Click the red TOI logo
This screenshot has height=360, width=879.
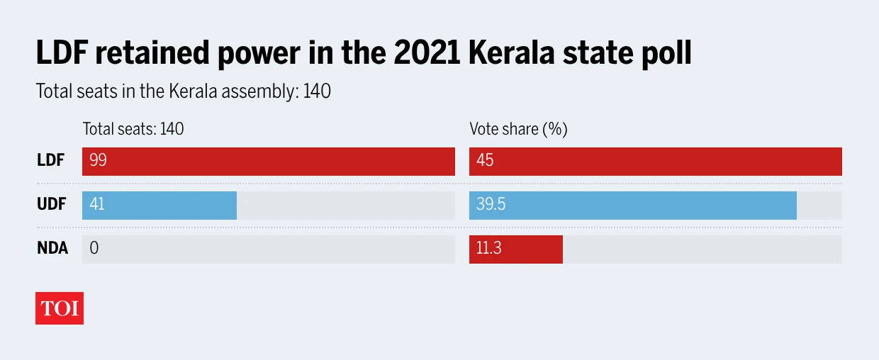(60, 308)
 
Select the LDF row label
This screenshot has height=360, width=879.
(50, 161)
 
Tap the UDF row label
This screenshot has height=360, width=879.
(51, 205)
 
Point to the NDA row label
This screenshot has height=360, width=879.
(52, 249)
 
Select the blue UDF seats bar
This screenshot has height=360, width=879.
(159, 205)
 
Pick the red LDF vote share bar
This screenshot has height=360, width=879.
(655, 161)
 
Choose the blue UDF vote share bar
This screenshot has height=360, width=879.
(632, 205)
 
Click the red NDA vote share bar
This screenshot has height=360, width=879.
(515, 249)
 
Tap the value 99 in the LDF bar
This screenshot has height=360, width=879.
(98, 161)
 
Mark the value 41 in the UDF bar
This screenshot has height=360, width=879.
(96, 205)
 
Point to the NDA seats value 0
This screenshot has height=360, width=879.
(94, 249)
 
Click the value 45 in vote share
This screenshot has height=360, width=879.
(485, 161)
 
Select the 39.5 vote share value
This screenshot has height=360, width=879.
(491, 205)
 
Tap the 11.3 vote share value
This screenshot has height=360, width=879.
(488, 249)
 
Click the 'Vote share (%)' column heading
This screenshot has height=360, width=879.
(518, 129)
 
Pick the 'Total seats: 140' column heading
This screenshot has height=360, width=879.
(133, 129)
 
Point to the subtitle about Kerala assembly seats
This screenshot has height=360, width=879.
(183, 91)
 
